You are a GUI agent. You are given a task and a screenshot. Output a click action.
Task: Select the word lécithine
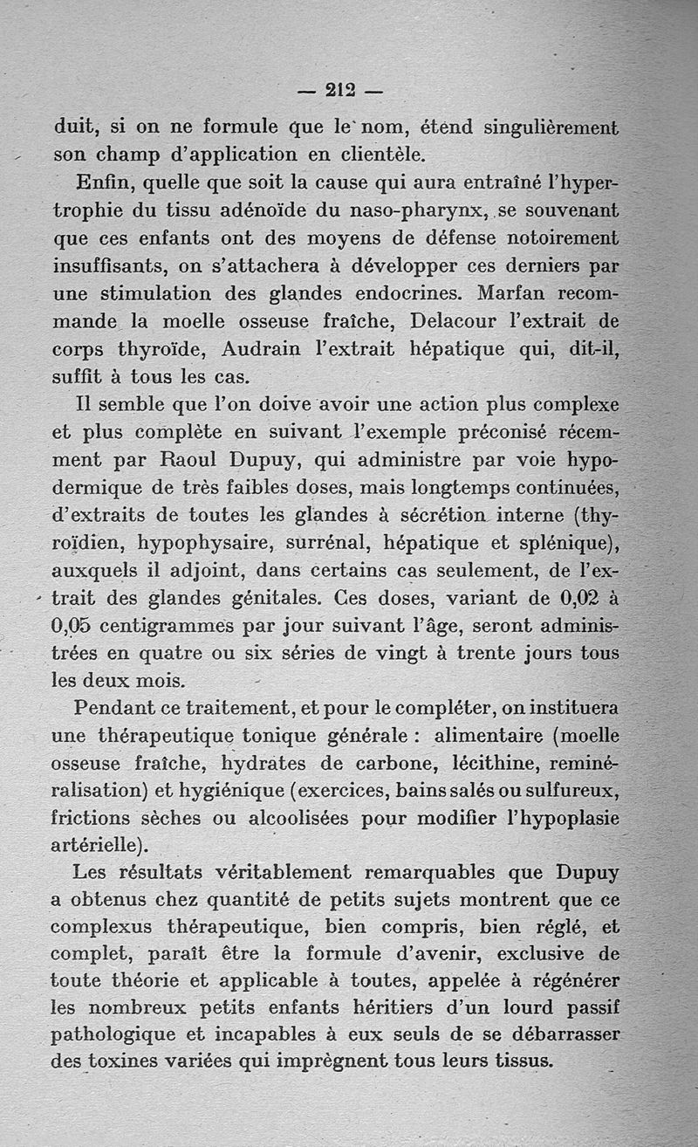[495, 763]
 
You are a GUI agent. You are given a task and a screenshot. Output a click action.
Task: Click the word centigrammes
[185, 627]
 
